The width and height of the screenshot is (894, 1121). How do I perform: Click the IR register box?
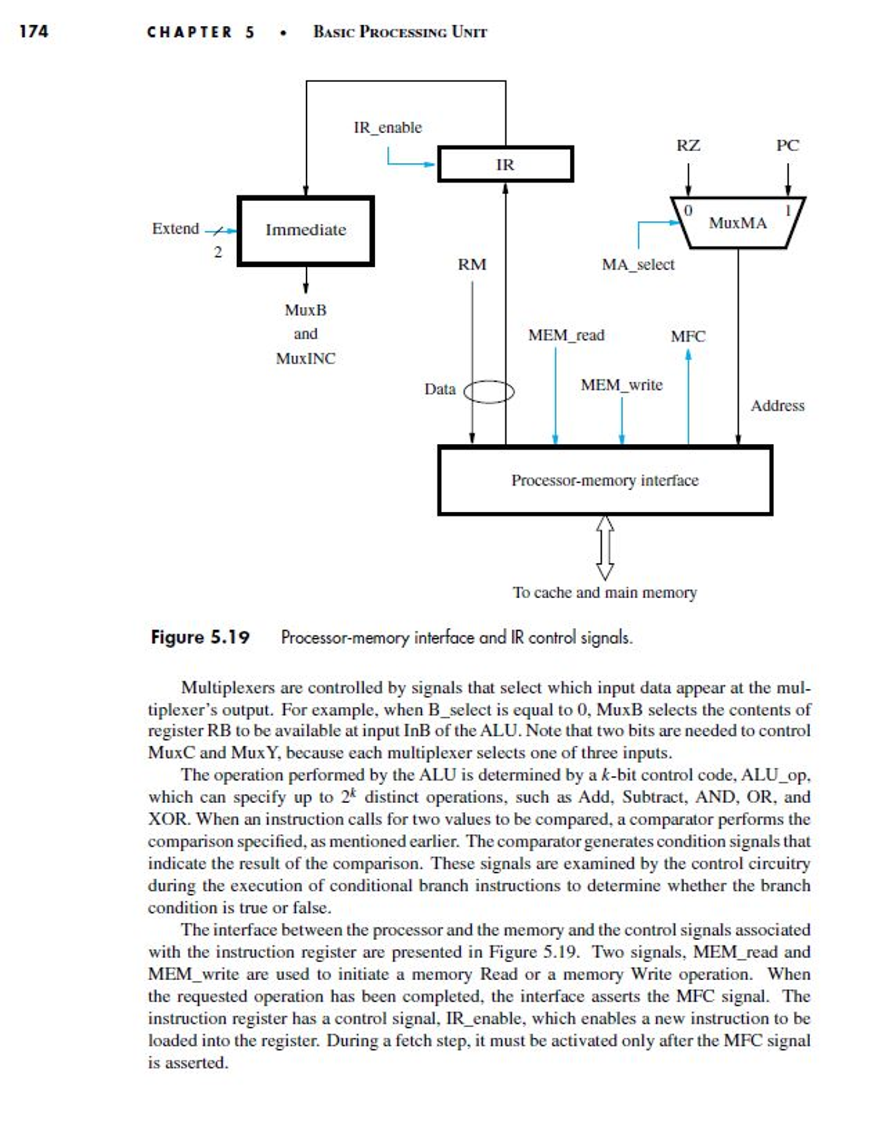tap(505, 164)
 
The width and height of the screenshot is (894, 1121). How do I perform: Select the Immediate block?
tap(306, 230)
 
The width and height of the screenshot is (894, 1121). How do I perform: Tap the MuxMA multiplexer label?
tap(737, 223)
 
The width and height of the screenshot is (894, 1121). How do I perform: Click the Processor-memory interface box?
tap(605, 481)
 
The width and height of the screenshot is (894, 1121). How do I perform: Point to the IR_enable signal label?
tap(388, 128)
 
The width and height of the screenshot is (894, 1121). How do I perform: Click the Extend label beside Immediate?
tap(175, 228)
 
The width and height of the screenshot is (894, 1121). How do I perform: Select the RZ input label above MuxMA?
tap(688, 146)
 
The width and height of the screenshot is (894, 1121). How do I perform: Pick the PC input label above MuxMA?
tap(787, 146)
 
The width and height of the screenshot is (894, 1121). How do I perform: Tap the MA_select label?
tap(638, 265)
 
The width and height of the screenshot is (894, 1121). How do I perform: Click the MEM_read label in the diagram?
tap(566, 335)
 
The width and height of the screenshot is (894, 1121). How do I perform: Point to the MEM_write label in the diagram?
tap(622, 385)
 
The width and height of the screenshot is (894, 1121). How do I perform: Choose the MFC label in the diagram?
tap(688, 336)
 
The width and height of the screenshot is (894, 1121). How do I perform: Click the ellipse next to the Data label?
tap(489, 391)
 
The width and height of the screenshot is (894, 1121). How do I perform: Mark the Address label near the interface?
tap(777, 406)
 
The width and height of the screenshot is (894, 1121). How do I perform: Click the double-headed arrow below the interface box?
tap(604, 547)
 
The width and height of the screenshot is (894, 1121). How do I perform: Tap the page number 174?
tap(33, 31)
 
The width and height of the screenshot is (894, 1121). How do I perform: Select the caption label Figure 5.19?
tap(200, 637)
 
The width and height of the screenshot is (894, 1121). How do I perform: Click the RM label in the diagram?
tap(472, 265)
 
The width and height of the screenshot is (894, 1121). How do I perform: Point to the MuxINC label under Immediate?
tap(306, 359)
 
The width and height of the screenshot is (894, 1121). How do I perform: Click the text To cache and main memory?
tap(605, 592)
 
